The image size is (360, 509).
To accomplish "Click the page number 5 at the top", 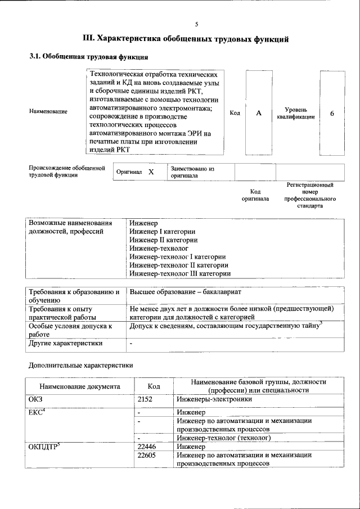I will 196,24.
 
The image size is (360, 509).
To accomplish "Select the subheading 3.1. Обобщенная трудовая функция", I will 88,57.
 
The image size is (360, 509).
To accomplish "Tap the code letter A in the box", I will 259,113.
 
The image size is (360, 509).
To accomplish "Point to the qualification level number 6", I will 332,113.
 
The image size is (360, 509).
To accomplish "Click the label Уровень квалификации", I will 295,113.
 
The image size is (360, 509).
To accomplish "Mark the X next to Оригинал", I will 151,172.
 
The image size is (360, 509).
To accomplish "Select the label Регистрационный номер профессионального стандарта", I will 310,195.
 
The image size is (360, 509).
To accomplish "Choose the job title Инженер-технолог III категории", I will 179,273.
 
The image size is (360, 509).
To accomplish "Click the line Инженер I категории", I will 162,231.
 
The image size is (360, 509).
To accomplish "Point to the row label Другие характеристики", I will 66,343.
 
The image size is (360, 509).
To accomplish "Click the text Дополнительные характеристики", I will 81,365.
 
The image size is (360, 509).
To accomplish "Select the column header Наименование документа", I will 79,386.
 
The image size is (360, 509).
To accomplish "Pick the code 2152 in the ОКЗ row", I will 146,399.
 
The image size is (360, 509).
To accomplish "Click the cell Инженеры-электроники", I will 213,399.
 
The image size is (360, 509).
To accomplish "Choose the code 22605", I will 147,455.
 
